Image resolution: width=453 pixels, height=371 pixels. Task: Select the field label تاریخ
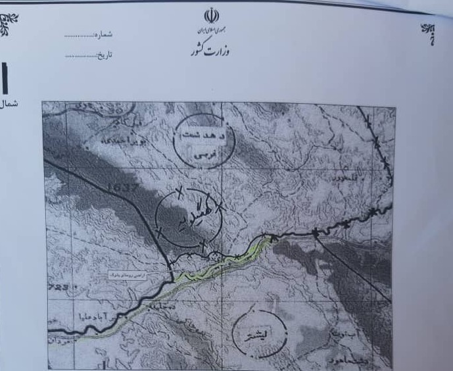coord(105,55)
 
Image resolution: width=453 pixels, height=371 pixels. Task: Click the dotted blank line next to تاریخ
coord(80,56)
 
